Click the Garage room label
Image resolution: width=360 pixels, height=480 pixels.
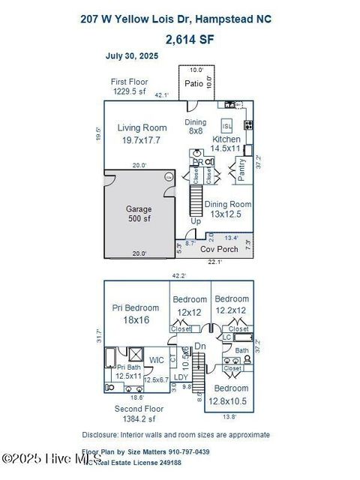[139, 209]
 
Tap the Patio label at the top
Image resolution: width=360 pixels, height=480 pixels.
[193, 83]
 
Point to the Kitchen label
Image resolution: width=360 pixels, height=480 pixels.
[226, 139]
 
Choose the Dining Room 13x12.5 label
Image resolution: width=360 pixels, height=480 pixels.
[228, 204]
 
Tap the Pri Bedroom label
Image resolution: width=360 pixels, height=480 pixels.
[136, 307]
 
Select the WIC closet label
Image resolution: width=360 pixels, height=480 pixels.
[157, 360]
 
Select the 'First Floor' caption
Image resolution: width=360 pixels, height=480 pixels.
[129, 82]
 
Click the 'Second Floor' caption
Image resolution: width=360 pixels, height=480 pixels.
[139, 408]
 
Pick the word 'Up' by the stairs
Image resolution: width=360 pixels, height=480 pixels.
[196, 222]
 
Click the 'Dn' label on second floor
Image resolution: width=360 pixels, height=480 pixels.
[200, 346]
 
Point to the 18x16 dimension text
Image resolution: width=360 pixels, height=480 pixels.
[136, 319]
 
